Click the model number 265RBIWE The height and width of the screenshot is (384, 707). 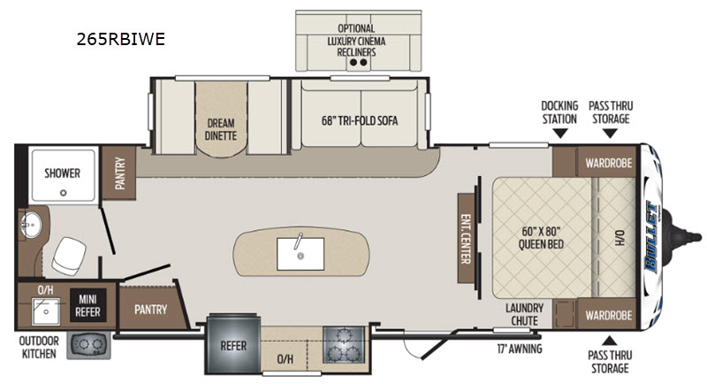coord(121,39)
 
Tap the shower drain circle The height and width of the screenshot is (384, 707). coord(64,193)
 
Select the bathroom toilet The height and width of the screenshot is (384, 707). coord(69,256)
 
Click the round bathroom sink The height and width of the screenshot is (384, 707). coord(30,224)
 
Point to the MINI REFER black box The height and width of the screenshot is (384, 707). coord(87,305)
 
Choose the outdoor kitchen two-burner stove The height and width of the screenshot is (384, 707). coord(89,345)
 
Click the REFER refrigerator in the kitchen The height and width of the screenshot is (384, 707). coord(233,344)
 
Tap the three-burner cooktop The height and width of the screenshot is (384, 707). coord(344,345)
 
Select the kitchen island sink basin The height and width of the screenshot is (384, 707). coord(300,254)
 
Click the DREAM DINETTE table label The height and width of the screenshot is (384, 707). coord(221,129)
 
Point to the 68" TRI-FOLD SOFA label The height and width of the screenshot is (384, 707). coord(360,120)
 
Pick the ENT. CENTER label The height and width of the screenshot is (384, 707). coord(466,239)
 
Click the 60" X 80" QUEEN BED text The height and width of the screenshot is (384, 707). coord(541,238)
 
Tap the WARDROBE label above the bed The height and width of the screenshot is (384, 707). coord(609,163)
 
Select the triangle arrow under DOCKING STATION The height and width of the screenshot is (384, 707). coord(560,133)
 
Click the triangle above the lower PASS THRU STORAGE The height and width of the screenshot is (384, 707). coord(610,341)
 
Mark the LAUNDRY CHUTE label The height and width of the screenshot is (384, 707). coord(524,314)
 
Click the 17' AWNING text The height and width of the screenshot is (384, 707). coord(520,349)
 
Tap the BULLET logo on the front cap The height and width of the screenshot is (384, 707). coord(652,237)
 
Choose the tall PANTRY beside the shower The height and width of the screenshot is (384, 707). coord(119,173)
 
